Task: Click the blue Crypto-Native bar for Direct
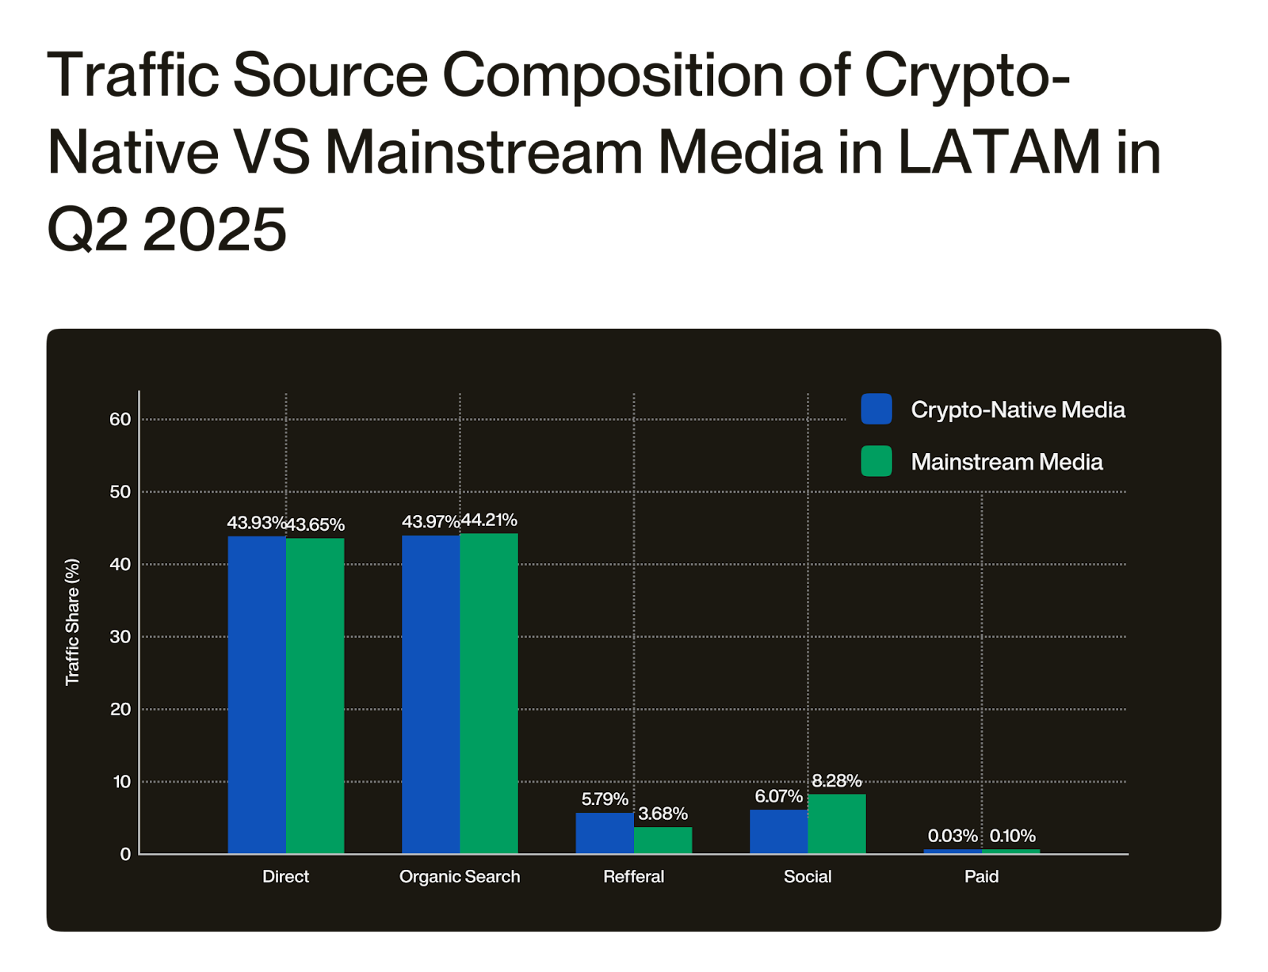257,695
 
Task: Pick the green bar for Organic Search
489,693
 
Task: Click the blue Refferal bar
605,833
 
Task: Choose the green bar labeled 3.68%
663,840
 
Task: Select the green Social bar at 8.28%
837,823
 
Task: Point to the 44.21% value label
489,520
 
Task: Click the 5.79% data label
605,799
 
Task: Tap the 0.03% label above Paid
953,836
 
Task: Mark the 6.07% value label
778,796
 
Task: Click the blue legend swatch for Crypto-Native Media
877,409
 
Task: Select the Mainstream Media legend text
1006,462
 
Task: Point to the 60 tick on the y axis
120,419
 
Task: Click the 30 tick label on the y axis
120,637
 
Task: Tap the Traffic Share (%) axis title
72,622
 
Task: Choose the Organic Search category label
460,876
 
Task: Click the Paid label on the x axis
981,876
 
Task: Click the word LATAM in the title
999,152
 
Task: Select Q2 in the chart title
88,229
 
